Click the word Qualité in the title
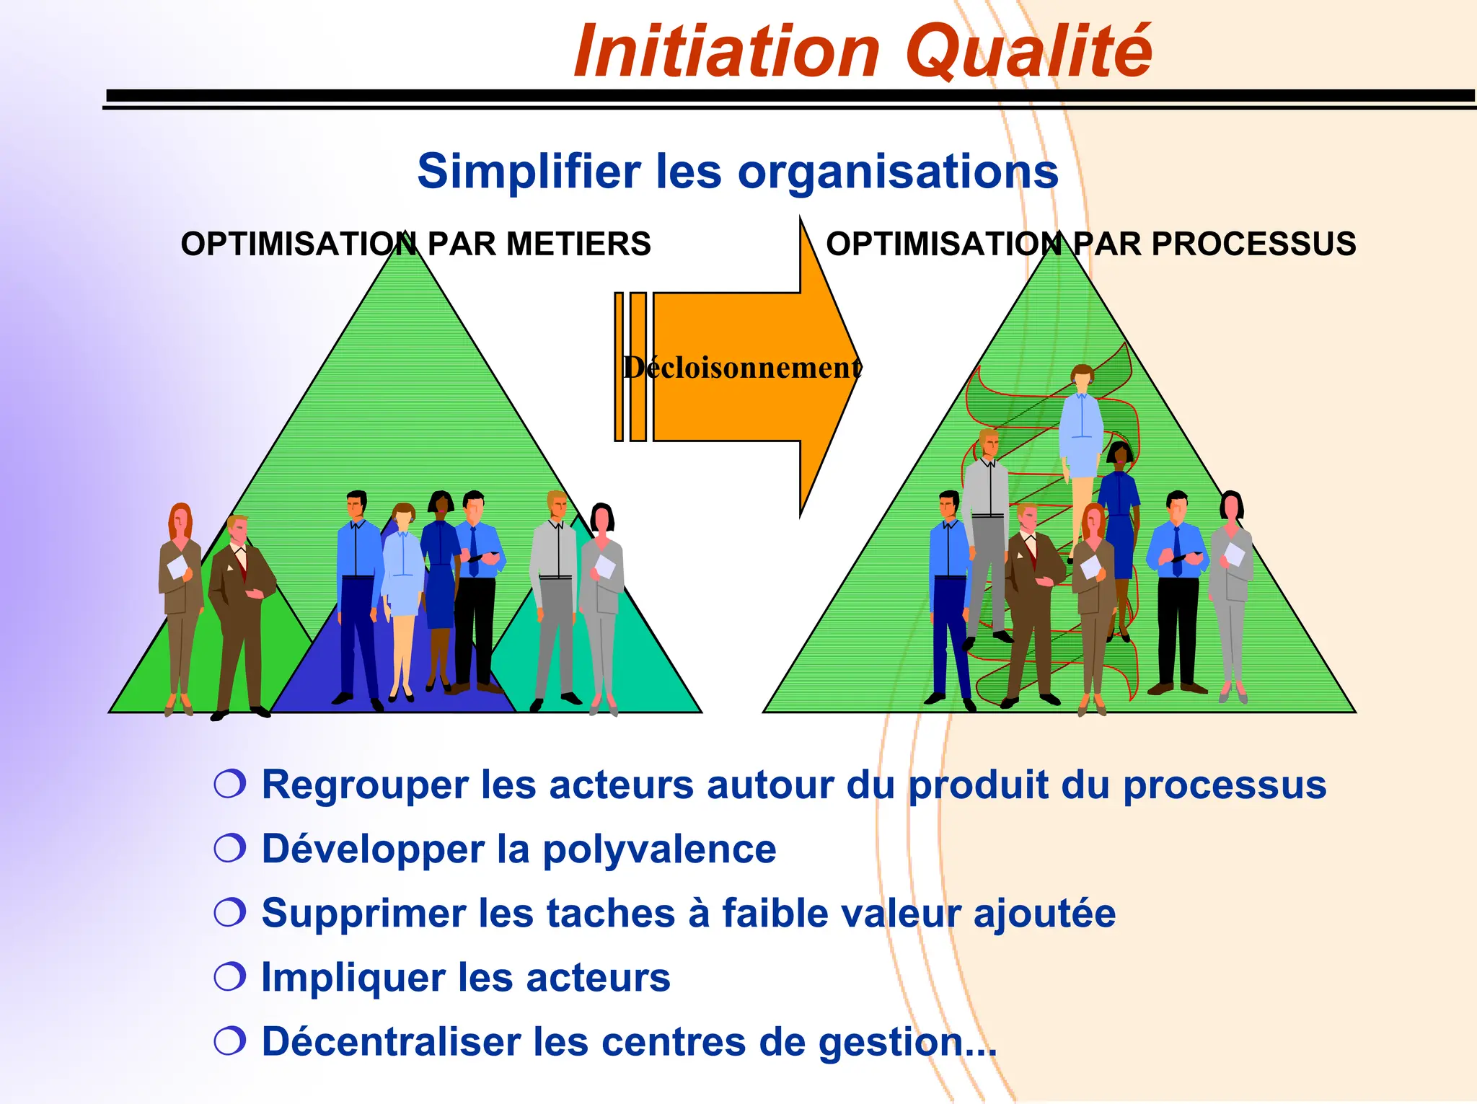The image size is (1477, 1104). click(1028, 52)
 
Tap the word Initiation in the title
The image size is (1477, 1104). click(727, 52)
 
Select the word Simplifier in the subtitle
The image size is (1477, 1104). click(529, 172)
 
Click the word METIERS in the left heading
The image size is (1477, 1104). click(578, 244)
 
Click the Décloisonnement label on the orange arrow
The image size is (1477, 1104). click(742, 368)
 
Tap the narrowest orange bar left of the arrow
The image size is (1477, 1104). click(619, 366)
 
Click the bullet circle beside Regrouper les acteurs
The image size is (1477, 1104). click(230, 784)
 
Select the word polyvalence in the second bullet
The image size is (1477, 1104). click(659, 849)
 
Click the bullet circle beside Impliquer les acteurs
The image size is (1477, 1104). click(230, 977)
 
